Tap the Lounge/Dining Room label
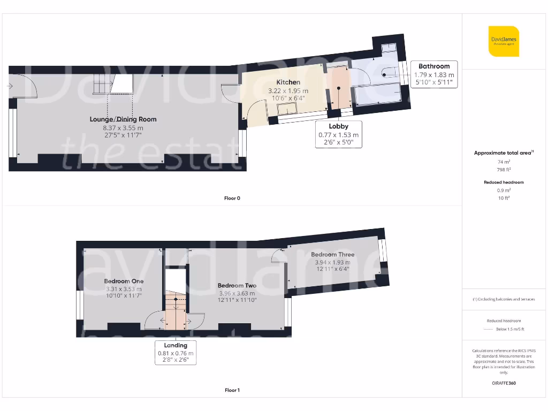[x=123, y=119]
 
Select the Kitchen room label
[x=288, y=82]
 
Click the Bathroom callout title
[x=434, y=66]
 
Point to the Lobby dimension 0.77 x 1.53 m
[x=338, y=135]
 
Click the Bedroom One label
[x=124, y=281]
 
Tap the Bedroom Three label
[x=332, y=254]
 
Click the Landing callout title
[x=176, y=345]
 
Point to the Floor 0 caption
[x=232, y=198]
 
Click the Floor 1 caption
[x=232, y=390]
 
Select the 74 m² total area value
[x=503, y=162]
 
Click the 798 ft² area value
[x=503, y=169]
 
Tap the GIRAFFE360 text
[x=503, y=383]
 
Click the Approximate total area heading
[x=503, y=153]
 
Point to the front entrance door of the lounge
[x=24, y=87]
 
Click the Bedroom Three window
[x=382, y=250]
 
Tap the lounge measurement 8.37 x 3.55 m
[x=123, y=128]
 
